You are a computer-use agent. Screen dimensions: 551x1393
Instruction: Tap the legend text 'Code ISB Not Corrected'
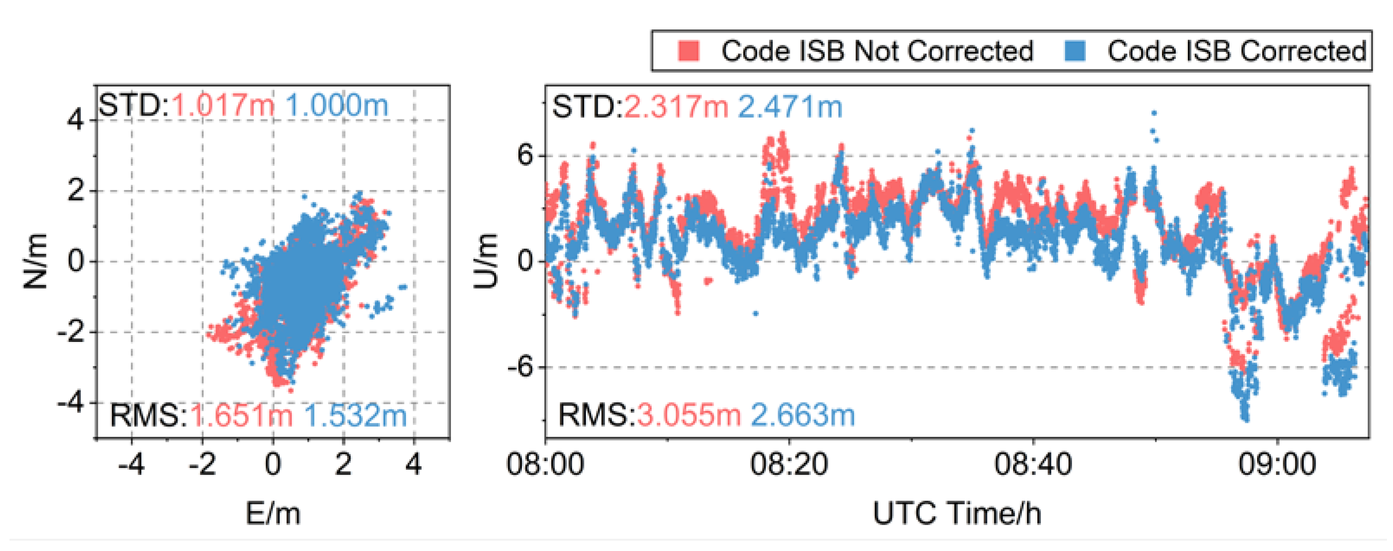[877, 52]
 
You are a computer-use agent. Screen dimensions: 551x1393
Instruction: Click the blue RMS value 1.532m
[355, 416]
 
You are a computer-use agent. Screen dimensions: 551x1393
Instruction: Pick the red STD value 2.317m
[676, 106]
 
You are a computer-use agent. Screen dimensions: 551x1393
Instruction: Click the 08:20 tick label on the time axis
[789, 464]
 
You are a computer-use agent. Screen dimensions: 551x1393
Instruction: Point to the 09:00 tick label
[1277, 464]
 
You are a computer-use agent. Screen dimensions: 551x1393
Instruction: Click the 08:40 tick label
[1033, 464]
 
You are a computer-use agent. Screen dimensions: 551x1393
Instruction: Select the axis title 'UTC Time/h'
[957, 513]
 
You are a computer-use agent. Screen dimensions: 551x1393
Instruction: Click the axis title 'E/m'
[273, 513]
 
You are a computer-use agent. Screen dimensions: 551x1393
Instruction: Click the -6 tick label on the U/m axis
[520, 367]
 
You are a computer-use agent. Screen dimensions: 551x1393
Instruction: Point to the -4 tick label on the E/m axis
[132, 464]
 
